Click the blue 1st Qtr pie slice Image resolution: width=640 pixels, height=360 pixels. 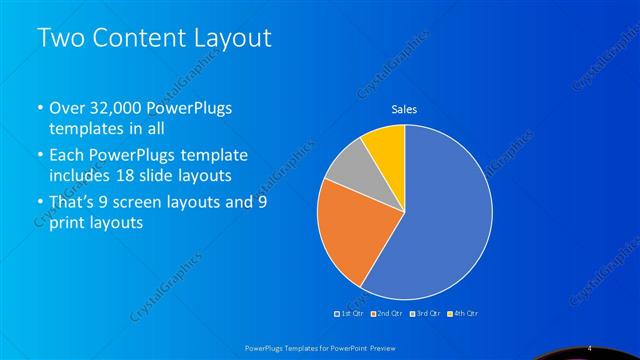(x=440, y=220)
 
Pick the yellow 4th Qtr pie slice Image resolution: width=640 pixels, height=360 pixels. (x=386, y=145)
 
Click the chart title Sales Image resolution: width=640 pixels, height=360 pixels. (x=404, y=109)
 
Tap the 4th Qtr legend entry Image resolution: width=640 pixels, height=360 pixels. (x=463, y=314)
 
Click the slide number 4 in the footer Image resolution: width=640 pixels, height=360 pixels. (x=592, y=346)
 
